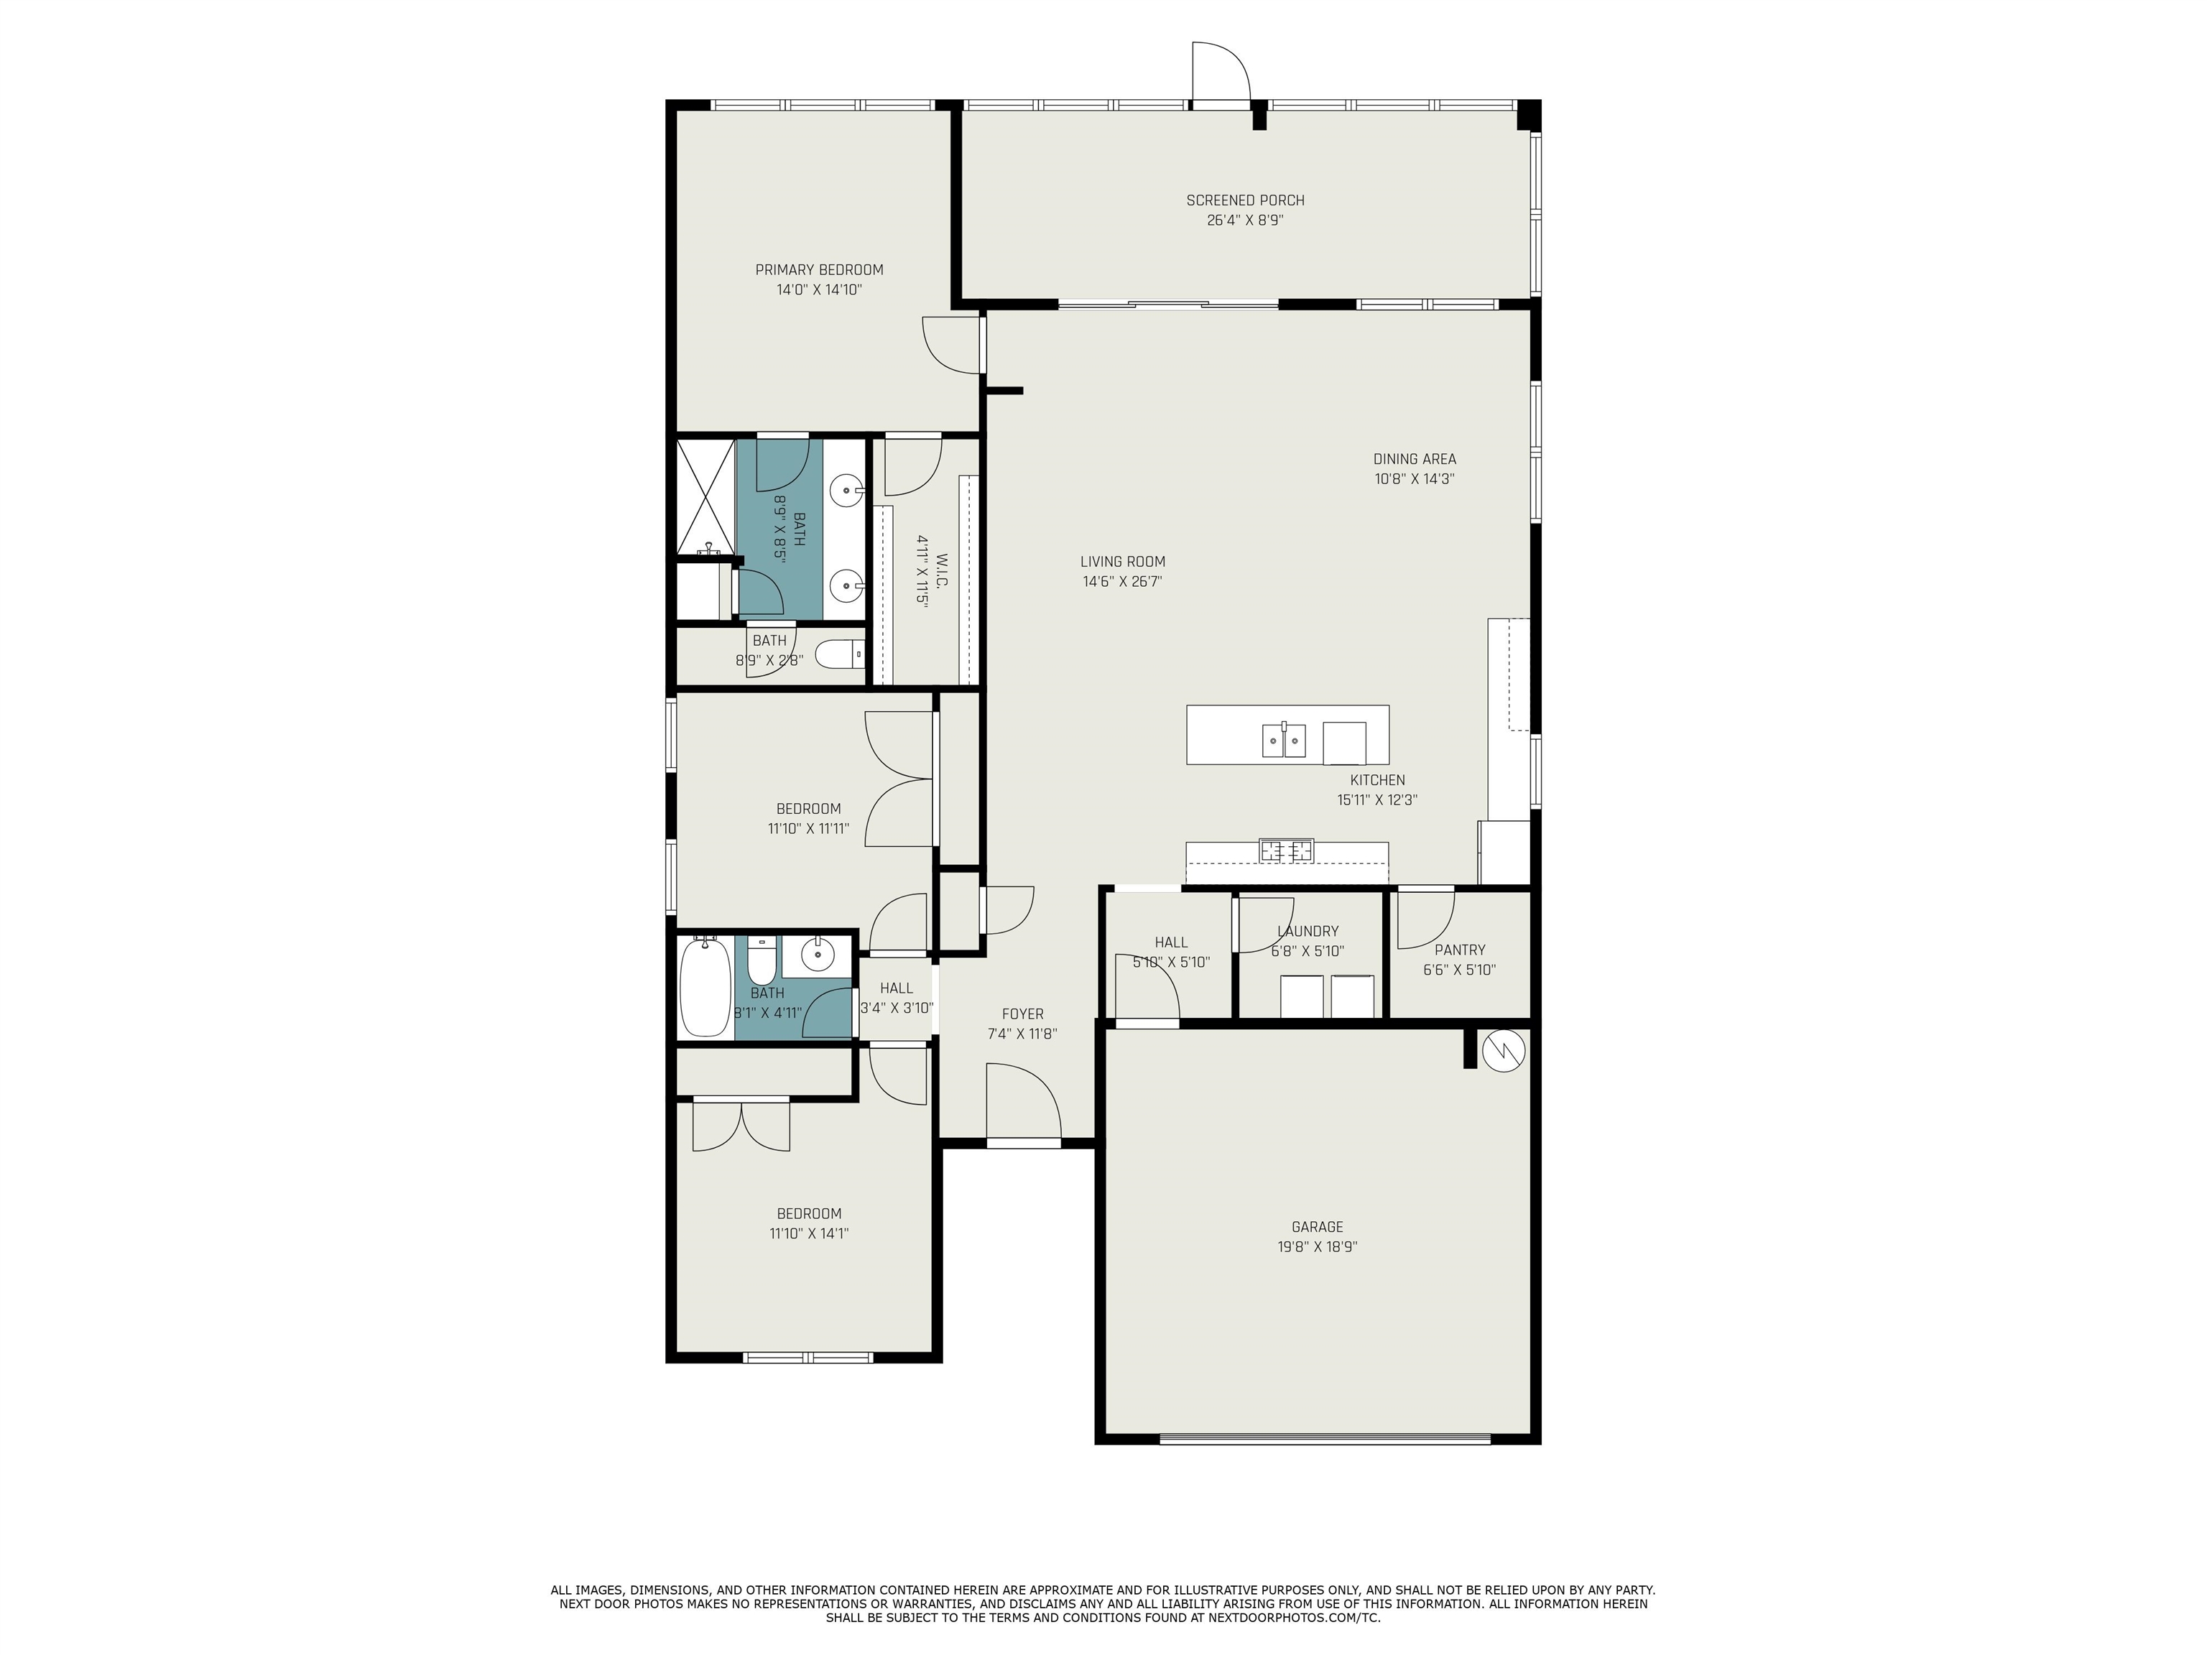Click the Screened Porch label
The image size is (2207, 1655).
tap(1245, 200)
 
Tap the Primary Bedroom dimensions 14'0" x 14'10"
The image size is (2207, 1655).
tap(819, 290)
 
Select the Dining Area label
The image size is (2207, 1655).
tap(1415, 459)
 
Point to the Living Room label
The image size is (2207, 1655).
tap(1122, 562)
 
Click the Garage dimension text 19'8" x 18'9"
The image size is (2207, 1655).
tap(1317, 1247)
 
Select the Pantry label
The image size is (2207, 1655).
tap(1460, 950)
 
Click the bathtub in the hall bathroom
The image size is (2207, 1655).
tap(705, 988)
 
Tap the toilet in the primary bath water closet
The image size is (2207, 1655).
tap(839, 654)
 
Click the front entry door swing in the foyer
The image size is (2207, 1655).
tap(1023, 1100)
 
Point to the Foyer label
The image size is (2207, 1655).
tap(1023, 1014)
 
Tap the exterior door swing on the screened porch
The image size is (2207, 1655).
tap(1220, 72)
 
